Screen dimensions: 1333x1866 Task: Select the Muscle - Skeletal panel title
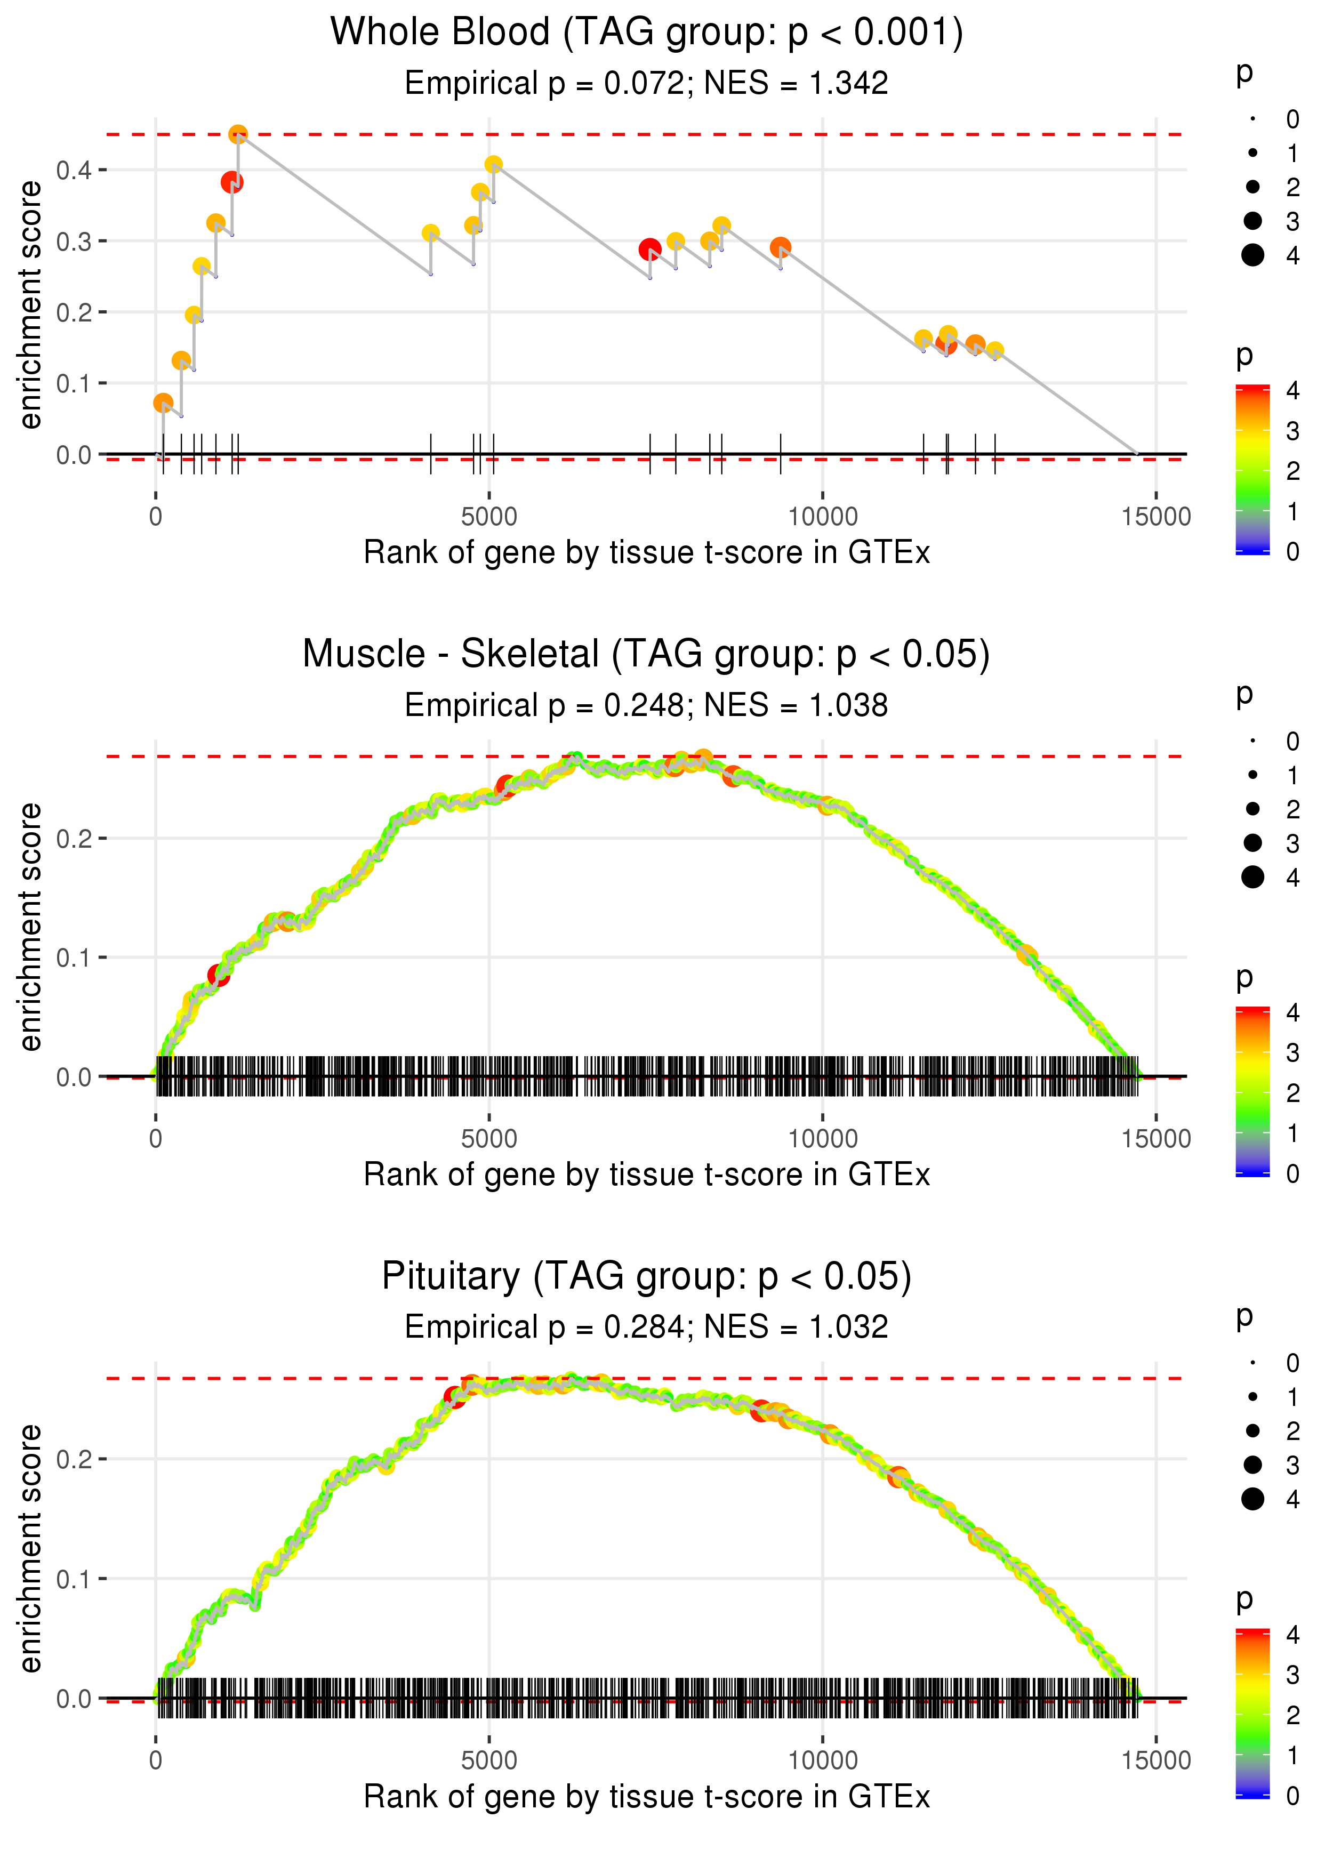click(647, 655)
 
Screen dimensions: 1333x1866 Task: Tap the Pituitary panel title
click(647, 1277)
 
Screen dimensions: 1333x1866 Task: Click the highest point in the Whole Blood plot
click(238, 134)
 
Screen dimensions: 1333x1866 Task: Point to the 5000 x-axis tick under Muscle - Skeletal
click(489, 1139)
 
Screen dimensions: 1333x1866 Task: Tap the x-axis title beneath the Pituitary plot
click(647, 1797)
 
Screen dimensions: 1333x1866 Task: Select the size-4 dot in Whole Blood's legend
click(1252, 255)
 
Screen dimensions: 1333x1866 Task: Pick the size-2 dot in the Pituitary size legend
click(1252, 1431)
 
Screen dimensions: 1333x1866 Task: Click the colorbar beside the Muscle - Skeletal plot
click(1252, 1091)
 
